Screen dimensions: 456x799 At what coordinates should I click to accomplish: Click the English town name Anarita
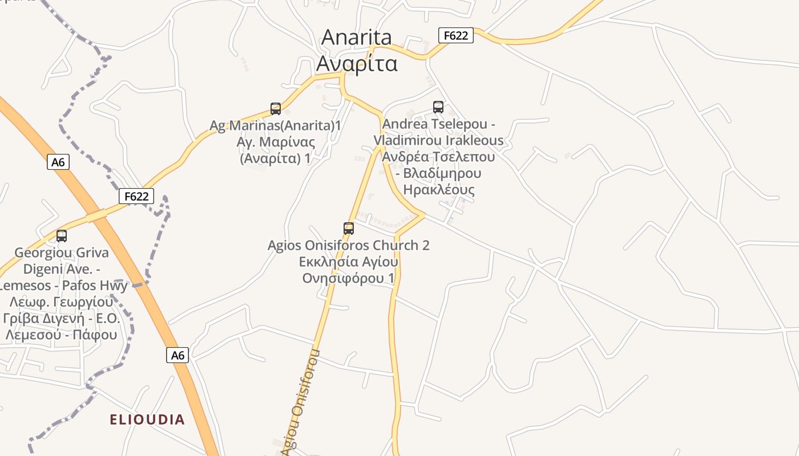coord(357,38)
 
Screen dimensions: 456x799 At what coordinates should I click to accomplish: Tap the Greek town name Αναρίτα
coord(357,64)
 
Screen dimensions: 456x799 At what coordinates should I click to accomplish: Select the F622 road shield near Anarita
coord(456,35)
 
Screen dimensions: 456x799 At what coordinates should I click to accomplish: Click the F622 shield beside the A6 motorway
coord(137,197)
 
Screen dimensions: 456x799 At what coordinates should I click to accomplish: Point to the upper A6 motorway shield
coord(58,162)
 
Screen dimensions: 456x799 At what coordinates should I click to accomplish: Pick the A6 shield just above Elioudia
coord(178,355)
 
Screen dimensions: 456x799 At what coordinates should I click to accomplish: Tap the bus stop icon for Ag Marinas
coord(276,109)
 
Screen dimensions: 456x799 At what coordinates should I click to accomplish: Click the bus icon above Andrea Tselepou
coord(438,107)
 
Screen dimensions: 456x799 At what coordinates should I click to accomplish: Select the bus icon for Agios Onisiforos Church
coord(349,229)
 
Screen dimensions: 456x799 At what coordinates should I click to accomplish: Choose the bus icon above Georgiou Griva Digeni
coord(62,235)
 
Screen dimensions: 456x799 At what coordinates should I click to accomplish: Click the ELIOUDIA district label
coord(147,420)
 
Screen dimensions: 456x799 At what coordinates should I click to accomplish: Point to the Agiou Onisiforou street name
coord(301,402)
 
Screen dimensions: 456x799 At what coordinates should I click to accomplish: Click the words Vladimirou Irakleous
coord(438,140)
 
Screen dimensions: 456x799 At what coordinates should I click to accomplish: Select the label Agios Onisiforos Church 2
coord(349,246)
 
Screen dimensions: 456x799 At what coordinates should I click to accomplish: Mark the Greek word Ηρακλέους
coord(438,190)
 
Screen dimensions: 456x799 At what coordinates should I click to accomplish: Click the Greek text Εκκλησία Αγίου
coord(349,262)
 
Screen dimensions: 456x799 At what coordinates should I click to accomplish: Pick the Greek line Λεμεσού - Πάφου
coord(61,335)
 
